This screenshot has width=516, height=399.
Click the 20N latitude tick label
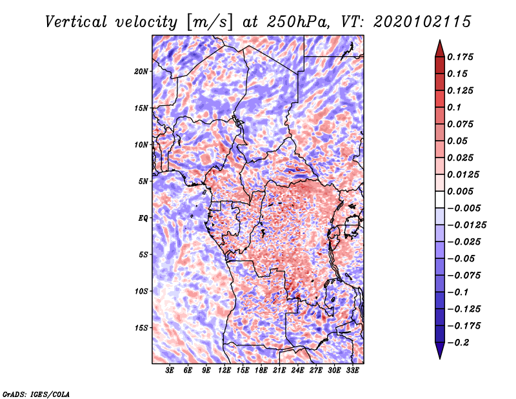pos(141,72)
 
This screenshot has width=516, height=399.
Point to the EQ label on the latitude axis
pos(143,218)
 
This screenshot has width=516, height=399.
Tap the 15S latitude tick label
pos(141,328)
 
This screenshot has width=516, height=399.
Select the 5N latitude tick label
pos(143,181)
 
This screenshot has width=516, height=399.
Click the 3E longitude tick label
pos(170,371)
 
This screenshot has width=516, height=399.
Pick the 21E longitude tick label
pos(279,371)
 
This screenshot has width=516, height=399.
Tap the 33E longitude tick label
pos(352,371)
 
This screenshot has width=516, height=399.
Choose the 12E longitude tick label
pos(224,371)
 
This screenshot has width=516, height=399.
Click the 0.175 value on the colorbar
pos(460,57)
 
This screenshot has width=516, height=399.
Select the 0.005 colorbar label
pos(460,191)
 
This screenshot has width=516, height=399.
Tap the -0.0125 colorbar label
pos(466,225)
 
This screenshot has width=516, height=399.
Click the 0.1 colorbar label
pos(454,107)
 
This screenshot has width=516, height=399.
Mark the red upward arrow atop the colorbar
pos(440,48)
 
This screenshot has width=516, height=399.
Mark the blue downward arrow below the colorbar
pos(440,351)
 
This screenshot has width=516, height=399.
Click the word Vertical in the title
pos(76,22)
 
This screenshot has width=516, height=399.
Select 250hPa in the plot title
pos(298,22)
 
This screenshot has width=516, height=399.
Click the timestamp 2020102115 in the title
pos(422,22)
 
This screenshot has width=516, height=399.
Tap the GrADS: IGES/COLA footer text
pos(36,394)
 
